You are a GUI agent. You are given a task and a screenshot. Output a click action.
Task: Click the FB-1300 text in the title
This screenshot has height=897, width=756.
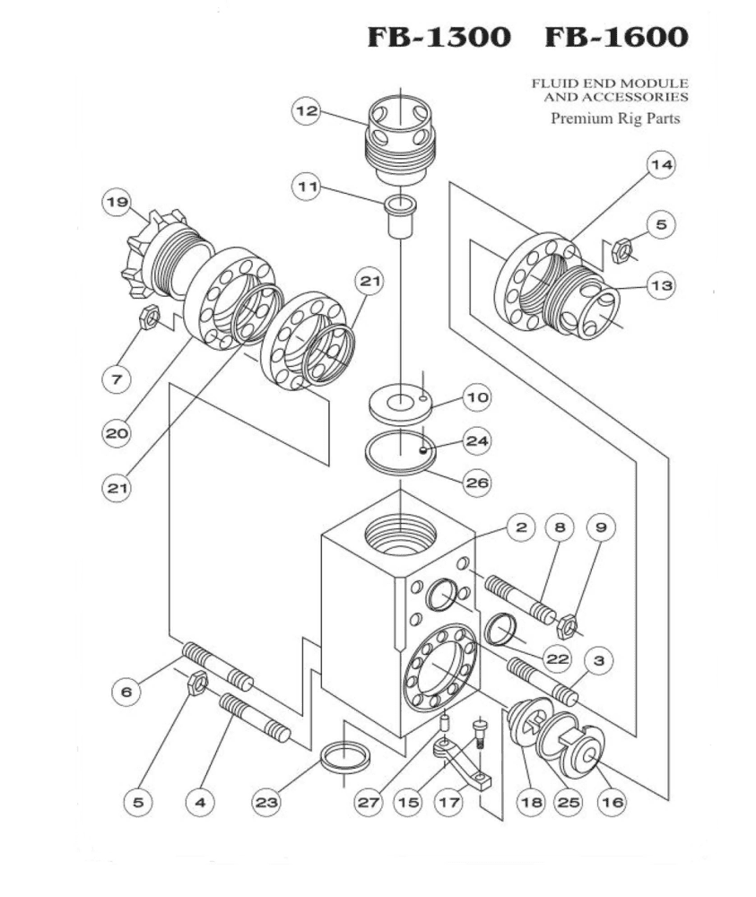439,37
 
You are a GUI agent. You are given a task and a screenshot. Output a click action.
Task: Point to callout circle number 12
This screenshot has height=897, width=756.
307,110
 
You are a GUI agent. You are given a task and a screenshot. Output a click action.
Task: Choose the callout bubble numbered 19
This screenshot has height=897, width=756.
116,202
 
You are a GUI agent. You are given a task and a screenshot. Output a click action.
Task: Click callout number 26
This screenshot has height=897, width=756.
475,482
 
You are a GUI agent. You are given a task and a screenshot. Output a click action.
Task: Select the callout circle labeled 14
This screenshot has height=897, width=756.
661,165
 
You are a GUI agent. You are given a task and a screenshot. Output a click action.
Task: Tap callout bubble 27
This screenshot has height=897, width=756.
365,802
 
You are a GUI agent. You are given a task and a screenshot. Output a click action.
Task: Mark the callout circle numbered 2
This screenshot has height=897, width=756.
519,527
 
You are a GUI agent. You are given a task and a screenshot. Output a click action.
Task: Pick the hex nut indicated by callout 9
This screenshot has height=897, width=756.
566,623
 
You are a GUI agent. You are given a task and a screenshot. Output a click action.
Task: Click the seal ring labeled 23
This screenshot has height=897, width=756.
344,757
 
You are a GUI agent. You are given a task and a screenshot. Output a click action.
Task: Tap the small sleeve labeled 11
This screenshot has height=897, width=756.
399,216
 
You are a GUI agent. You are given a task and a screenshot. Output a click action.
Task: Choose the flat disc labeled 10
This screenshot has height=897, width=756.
401,401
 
